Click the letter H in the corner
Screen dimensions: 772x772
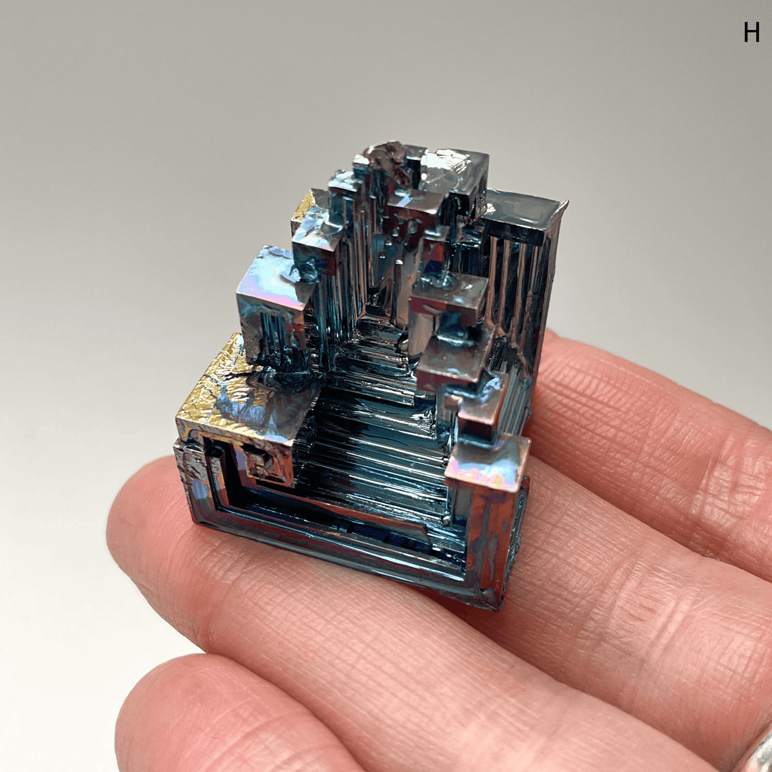click(751, 32)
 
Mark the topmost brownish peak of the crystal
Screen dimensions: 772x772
click(386, 154)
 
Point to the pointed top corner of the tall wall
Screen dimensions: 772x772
click(565, 203)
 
